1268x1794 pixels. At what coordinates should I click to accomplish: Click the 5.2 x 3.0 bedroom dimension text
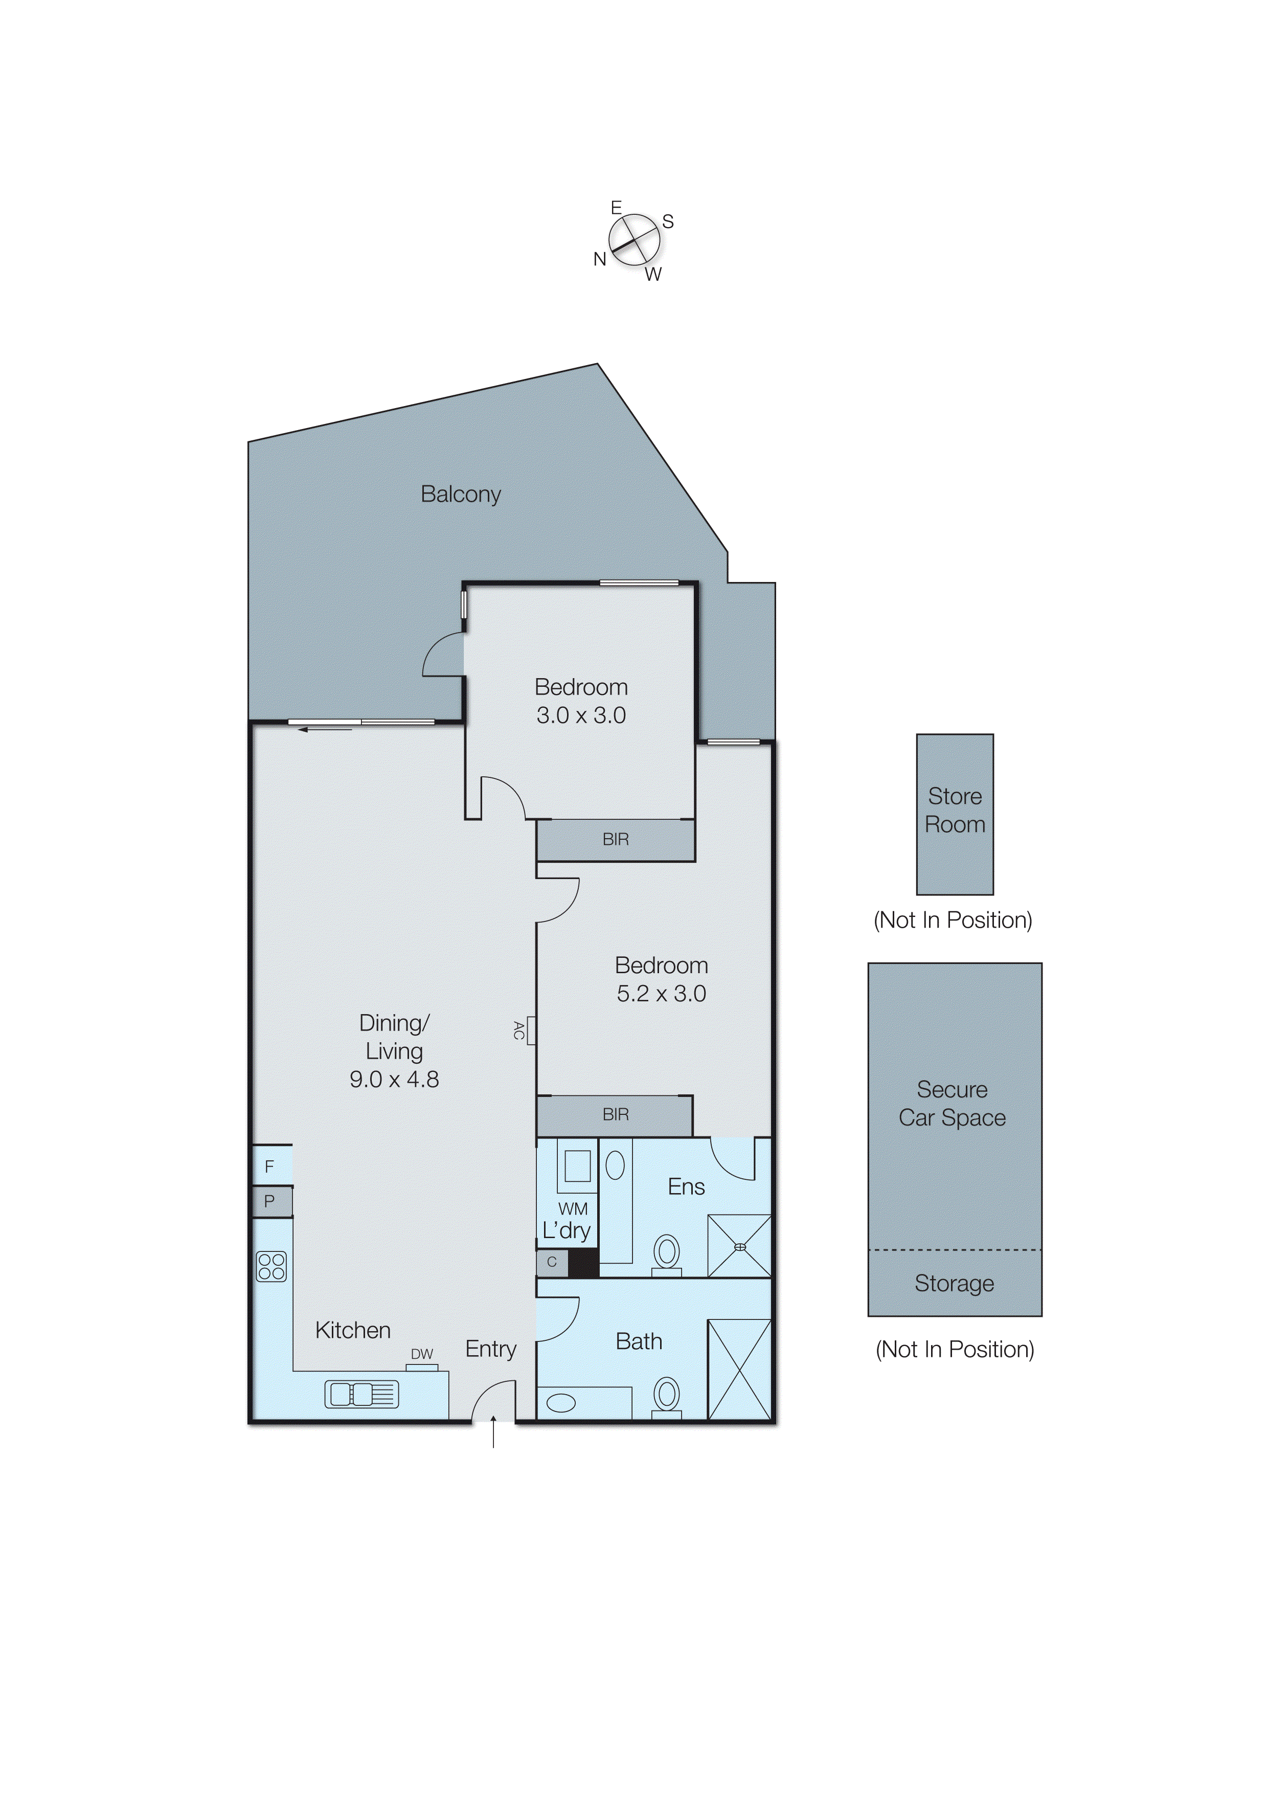(x=661, y=993)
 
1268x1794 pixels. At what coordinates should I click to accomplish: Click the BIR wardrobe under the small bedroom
(x=616, y=839)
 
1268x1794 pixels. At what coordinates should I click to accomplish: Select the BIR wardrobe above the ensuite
(x=615, y=1114)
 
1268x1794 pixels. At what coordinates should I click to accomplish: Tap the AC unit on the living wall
(x=531, y=1030)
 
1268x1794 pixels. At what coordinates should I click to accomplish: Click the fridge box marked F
(x=271, y=1166)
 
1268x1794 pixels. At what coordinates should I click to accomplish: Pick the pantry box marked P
(x=271, y=1201)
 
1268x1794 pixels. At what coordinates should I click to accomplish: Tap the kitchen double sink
(x=361, y=1394)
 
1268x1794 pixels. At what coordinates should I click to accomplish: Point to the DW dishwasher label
(x=422, y=1354)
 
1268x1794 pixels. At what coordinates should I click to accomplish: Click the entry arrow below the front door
(x=493, y=1432)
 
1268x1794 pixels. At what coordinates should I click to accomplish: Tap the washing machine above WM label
(x=577, y=1167)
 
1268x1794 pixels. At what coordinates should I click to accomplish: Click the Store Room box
(x=954, y=814)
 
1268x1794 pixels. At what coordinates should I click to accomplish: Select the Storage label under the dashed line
(x=954, y=1283)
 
